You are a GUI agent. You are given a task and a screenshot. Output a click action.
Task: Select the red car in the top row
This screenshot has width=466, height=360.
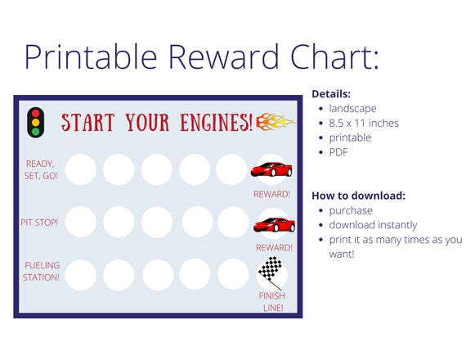[x=271, y=170]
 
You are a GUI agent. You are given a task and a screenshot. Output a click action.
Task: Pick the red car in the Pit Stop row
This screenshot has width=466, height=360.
[x=273, y=224]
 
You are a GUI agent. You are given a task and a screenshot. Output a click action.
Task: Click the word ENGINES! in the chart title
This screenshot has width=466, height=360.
[x=215, y=123]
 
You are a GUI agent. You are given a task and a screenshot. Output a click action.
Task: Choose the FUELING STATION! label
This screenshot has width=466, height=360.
[x=42, y=271]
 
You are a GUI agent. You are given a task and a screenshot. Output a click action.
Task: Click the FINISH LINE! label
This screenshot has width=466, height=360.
[x=271, y=301]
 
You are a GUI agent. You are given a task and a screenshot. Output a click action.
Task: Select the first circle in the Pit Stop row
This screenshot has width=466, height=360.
[x=81, y=221]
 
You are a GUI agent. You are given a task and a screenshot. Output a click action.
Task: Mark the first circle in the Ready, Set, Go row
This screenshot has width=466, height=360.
[x=81, y=169]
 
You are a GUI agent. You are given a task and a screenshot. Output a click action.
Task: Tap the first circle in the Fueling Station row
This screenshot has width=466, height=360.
[x=81, y=274]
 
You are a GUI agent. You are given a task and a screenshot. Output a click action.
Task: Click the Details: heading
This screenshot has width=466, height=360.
[x=331, y=94]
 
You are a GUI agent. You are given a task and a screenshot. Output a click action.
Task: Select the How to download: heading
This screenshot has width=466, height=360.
[x=358, y=196]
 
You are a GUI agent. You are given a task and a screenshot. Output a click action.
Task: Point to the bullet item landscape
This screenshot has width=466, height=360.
[x=353, y=108]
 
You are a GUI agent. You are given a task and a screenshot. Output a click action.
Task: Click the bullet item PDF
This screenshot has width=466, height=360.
[x=339, y=152]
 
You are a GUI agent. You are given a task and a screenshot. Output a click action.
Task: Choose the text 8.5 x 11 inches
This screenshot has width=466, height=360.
[x=365, y=123]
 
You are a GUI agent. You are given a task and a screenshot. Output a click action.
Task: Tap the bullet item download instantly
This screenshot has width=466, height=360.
[x=373, y=225]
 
